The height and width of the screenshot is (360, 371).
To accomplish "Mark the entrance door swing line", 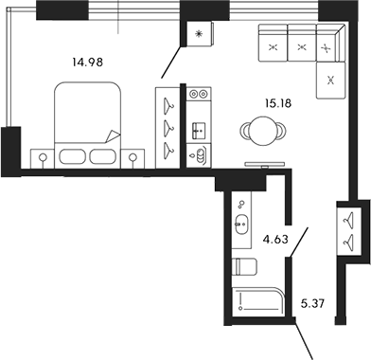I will pos(308,339).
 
